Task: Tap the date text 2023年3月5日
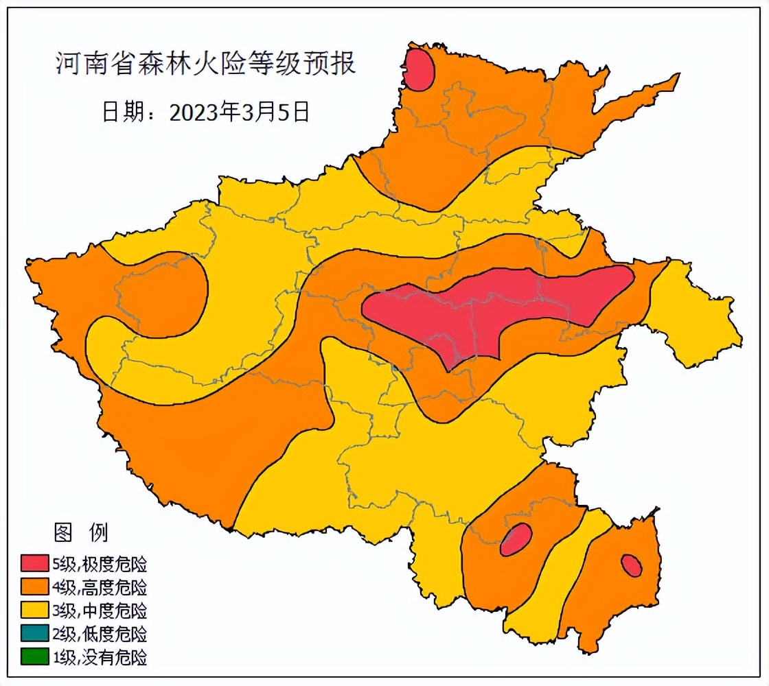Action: [x=205, y=111]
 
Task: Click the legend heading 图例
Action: [x=80, y=532]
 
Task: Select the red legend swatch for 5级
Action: [x=34, y=565]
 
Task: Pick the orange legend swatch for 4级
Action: [x=34, y=587]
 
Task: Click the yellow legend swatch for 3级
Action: [x=34, y=610]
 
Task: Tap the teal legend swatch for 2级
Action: [x=34, y=633]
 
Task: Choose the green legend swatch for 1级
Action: [x=34, y=657]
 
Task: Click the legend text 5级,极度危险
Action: [x=100, y=565]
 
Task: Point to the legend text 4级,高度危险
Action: [x=100, y=587]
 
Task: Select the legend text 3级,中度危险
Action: [x=100, y=610]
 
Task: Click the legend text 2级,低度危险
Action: [x=100, y=633]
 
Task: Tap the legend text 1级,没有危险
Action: [x=100, y=657]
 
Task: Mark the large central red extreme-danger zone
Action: [x=494, y=309]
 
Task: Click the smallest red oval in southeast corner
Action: [x=631, y=565]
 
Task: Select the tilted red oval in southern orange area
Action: [x=516, y=539]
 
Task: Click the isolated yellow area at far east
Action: [x=693, y=316]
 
